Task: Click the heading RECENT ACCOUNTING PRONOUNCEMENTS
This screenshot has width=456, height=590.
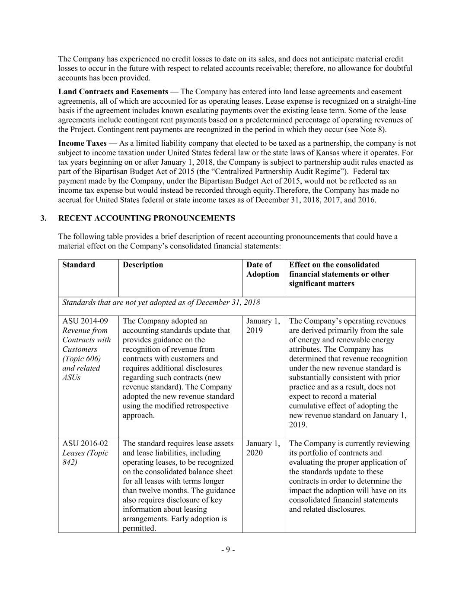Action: coord(147,218)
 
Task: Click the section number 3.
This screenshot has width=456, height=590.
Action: coord(43,218)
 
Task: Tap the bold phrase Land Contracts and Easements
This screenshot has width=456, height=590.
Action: coord(113,92)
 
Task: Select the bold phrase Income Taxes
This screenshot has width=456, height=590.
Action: coord(82,143)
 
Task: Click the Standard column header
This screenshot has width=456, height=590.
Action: coord(79,265)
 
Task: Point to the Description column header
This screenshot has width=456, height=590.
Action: coord(143,265)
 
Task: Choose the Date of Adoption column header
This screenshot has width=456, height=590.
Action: coord(262,269)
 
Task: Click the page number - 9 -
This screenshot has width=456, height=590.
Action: coord(228,550)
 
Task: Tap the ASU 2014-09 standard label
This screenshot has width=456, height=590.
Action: coord(85,321)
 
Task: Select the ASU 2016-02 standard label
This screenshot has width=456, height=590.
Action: coord(85,443)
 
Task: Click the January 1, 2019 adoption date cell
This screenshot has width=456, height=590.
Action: coord(263,325)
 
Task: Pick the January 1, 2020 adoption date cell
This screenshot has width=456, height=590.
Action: coord(263,448)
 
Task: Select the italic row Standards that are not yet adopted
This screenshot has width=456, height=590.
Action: coord(161,303)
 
